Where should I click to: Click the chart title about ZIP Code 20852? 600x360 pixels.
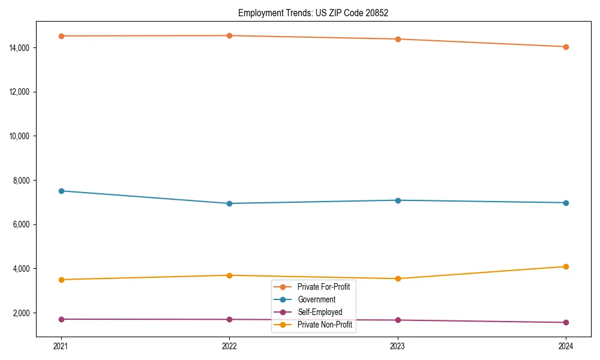pyautogui.click(x=313, y=13)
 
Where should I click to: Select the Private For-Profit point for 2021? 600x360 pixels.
pyautogui.click(x=61, y=36)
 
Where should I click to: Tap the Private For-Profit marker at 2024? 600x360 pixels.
pyautogui.click(x=566, y=47)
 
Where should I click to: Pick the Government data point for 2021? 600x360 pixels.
pyautogui.click(x=61, y=191)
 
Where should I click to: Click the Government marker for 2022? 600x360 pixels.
pyautogui.click(x=229, y=203)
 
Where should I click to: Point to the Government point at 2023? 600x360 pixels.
pyautogui.click(x=397, y=200)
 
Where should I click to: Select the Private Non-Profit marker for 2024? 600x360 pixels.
pyautogui.click(x=566, y=266)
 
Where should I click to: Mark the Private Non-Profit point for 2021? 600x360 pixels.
pyautogui.click(x=61, y=280)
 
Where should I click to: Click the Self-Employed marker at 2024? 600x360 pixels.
pyautogui.click(x=566, y=323)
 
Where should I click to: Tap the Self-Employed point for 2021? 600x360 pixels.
pyautogui.click(x=61, y=319)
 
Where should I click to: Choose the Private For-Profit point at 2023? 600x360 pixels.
pyautogui.click(x=397, y=39)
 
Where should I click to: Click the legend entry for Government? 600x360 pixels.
pyautogui.click(x=316, y=299)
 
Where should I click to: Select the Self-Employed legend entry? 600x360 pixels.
pyautogui.click(x=319, y=312)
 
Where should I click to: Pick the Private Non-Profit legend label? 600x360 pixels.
pyautogui.click(x=324, y=325)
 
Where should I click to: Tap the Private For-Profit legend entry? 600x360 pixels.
pyautogui.click(x=323, y=287)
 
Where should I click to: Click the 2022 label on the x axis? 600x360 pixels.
pyautogui.click(x=229, y=346)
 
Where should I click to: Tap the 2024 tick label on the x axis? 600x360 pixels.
pyautogui.click(x=566, y=346)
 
